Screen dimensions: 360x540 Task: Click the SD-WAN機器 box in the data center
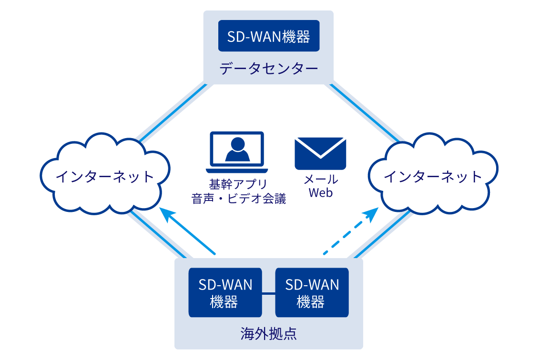pos(268,36)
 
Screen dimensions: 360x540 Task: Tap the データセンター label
pos(268,69)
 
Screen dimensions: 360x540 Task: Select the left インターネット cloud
pos(105,177)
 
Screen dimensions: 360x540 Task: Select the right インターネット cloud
pos(433,177)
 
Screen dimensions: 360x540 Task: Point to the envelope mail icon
pos(320,153)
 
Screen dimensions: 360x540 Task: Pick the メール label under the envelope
pos(320,180)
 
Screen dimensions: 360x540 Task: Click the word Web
pos(320,193)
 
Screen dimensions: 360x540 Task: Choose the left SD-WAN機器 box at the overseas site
pos(225,292)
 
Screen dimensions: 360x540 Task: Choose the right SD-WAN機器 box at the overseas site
pos(312,292)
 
